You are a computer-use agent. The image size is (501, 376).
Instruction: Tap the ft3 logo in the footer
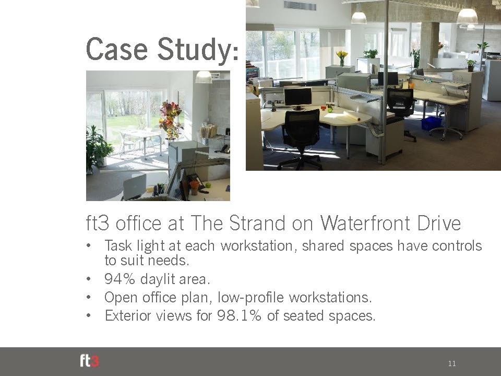click(x=89, y=361)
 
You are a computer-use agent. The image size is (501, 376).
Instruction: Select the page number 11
click(x=452, y=363)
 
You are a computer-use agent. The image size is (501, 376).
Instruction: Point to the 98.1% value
click(x=239, y=315)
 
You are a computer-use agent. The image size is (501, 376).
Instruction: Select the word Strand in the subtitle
click(x=257, y=223)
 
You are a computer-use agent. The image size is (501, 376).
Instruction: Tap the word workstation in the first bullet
click(x=257, y=246)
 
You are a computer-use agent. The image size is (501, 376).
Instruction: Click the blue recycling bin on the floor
click(x=432, y=123)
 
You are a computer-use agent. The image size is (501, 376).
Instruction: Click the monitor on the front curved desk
click(x=298, y=98)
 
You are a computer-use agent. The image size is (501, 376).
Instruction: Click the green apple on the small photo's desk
click(x=208, y=185)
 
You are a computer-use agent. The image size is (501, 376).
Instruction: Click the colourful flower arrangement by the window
click(x=170, y=119)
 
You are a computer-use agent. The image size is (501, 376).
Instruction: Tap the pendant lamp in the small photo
click(x=204, y=77)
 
